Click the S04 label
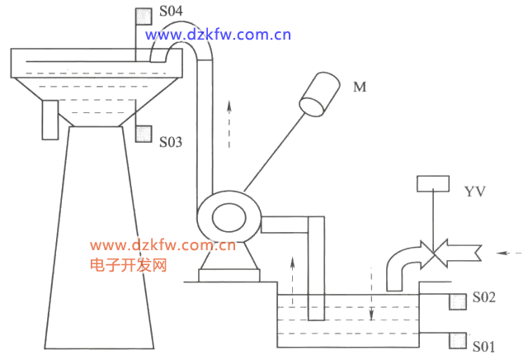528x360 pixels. click(x=171, y=11)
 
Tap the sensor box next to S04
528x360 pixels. click(x=143, y=17)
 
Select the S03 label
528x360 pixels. click(x=171, y=142)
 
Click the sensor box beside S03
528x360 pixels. click(x=144, y=134)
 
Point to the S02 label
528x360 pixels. click(x=484, y=297)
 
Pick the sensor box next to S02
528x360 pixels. click(x=458, y=301)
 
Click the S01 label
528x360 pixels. click(x=484, y=347)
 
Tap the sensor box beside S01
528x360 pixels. click(x=458, y=341)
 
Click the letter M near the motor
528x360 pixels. click(x=360, y=87)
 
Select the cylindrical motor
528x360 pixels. click(x=319, y=94)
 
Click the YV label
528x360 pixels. click(x=475, y=192)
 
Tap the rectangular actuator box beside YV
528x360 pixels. click(x=433, y=183)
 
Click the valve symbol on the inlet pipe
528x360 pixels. click(x=434, y=253)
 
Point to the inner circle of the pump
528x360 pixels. click(x=229, y=217)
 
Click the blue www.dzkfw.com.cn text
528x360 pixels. click(x=218, y=35)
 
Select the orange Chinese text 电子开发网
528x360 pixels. click(x=129, y=265)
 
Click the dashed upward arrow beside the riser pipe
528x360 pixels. click(x=229, y=124)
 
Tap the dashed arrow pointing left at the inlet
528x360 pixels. click(x=509, y=253)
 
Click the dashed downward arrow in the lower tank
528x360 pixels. click(x=371, y=294)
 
